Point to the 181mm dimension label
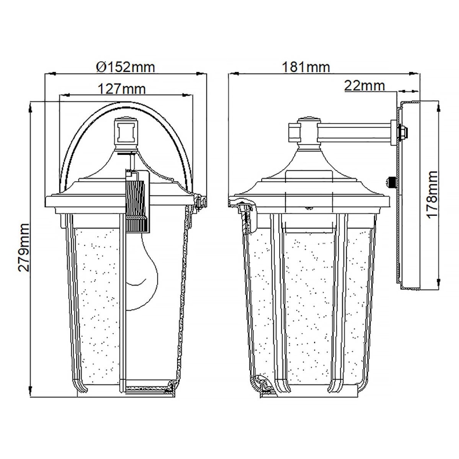coord(306,67)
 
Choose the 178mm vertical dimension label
coord(432,194)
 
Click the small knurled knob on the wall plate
coord(392,182)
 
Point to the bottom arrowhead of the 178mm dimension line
coord(438,286)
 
